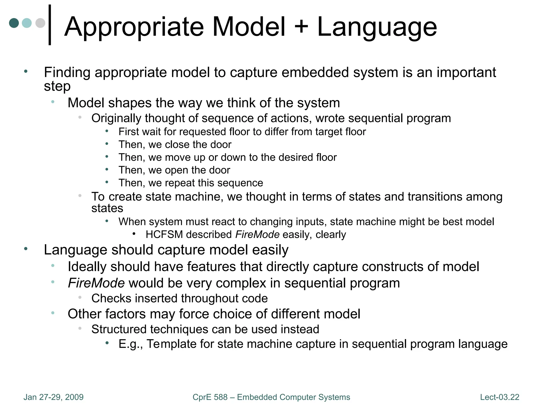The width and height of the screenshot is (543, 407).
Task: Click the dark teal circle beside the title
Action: (x=14, y=23)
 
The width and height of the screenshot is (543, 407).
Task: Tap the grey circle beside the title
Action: (x=40, y=23)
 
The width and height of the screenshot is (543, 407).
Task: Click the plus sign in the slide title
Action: (x=301, y=26)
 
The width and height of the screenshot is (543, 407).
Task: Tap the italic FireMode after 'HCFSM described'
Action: (x=257, y=235)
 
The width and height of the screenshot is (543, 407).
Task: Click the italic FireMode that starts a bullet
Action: (x=96, y=283)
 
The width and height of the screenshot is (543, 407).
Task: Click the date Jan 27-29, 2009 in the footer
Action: (x=53, y=397)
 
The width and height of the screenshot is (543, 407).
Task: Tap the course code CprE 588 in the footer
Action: (x=210, y=397)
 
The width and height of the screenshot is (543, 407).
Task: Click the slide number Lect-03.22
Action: (x=500, y=397)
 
